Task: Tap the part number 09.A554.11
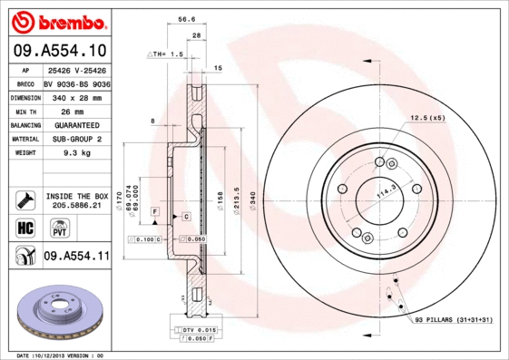click(x=76, y=257)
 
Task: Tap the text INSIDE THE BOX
click(x=76, y=196)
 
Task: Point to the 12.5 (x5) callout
click(x=427, y=119)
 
